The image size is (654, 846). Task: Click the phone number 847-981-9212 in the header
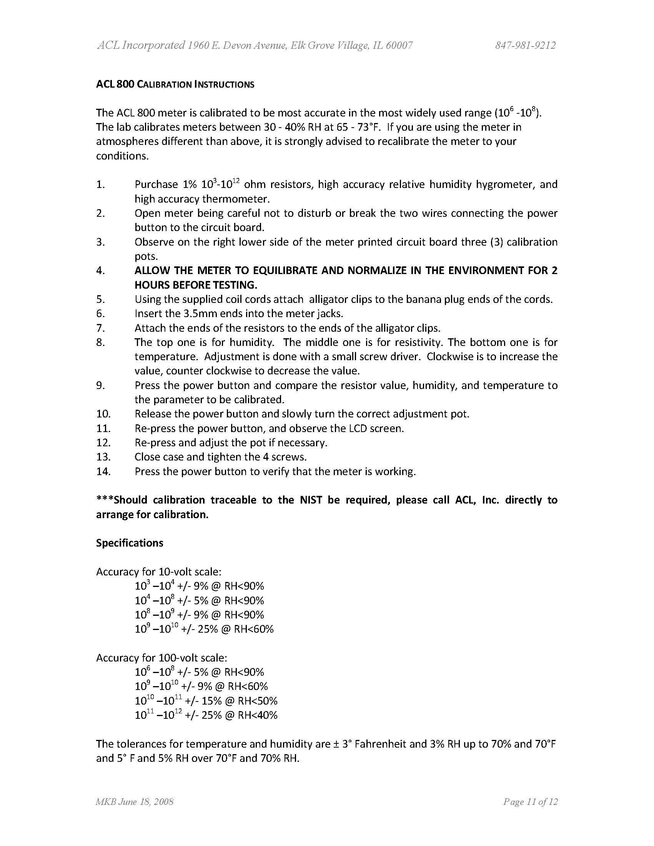point(525,46)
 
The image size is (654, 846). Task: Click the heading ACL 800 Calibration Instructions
point(175,85)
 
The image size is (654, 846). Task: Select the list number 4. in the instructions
point(101,270)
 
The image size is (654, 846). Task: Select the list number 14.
point(103,471)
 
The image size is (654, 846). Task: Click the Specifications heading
point(130,543)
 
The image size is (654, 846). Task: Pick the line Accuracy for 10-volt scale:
point(159,572)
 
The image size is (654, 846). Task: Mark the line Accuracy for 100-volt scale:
point(161,658)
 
